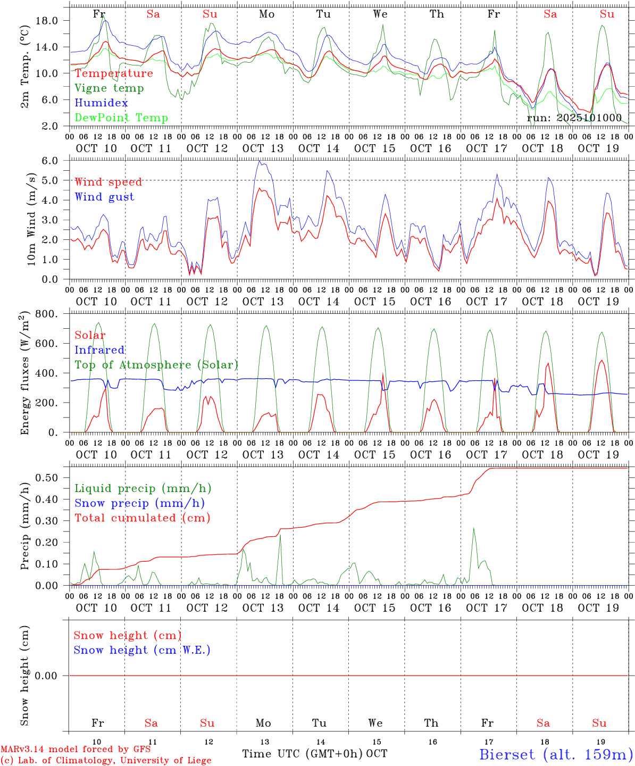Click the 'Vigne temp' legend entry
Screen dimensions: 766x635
[109, 88]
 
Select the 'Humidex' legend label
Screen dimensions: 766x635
[101, 103]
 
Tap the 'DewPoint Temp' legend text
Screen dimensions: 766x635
[121, 118]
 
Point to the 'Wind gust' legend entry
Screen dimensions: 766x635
[104, 197]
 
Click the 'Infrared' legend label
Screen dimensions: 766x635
[99, 350]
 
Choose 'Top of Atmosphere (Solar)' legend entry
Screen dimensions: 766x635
[156, 365]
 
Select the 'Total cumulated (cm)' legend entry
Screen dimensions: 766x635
[142, 518]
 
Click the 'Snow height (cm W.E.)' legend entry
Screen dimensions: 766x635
[142, 650]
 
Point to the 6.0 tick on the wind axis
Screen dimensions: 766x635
[49, 160]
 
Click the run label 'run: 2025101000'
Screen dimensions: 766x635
[574, 118]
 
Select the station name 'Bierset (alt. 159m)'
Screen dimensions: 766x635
[556, 754]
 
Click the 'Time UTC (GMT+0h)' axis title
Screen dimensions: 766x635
[303, 754]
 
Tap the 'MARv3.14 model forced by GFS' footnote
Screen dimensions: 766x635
[75, 750]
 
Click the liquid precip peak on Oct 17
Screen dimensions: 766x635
[473, 528]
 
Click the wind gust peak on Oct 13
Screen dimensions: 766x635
[260, 161]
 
